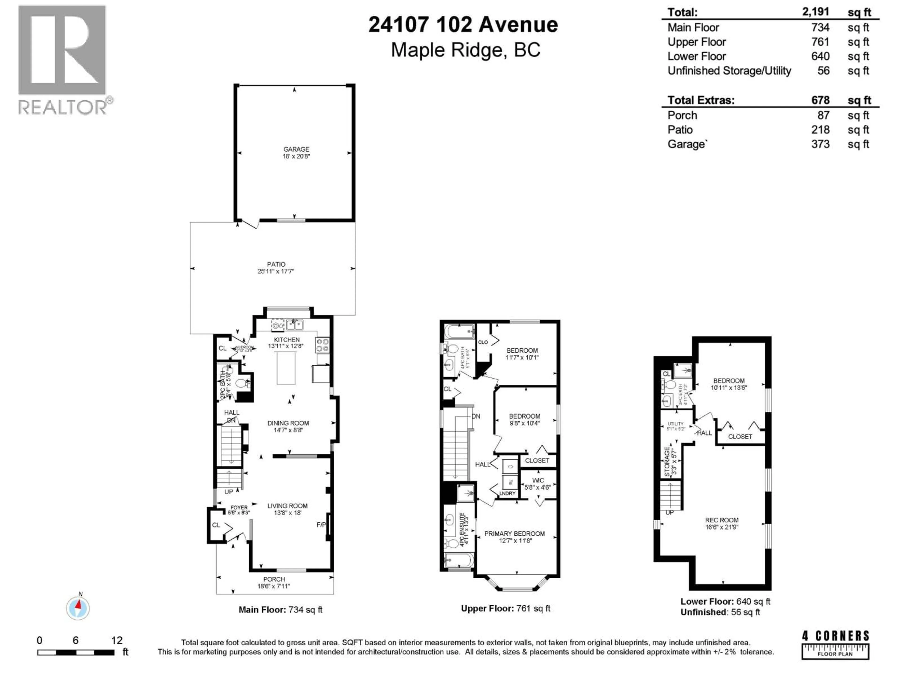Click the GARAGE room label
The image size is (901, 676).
click(296, 149)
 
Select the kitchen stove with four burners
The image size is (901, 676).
click(322, 345)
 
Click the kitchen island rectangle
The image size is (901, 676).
click(286, 368)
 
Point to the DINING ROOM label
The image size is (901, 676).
click(288, 423)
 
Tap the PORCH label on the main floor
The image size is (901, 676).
click(274, 579)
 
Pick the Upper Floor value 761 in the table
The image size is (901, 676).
click(820, 42)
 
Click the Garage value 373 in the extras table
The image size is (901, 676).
click(820, 144)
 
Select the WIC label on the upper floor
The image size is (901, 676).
click(538, 480)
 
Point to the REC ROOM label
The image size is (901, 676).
click(721, 520)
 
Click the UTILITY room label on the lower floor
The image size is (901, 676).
click(675, 424)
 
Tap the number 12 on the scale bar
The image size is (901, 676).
click(117, 640)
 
